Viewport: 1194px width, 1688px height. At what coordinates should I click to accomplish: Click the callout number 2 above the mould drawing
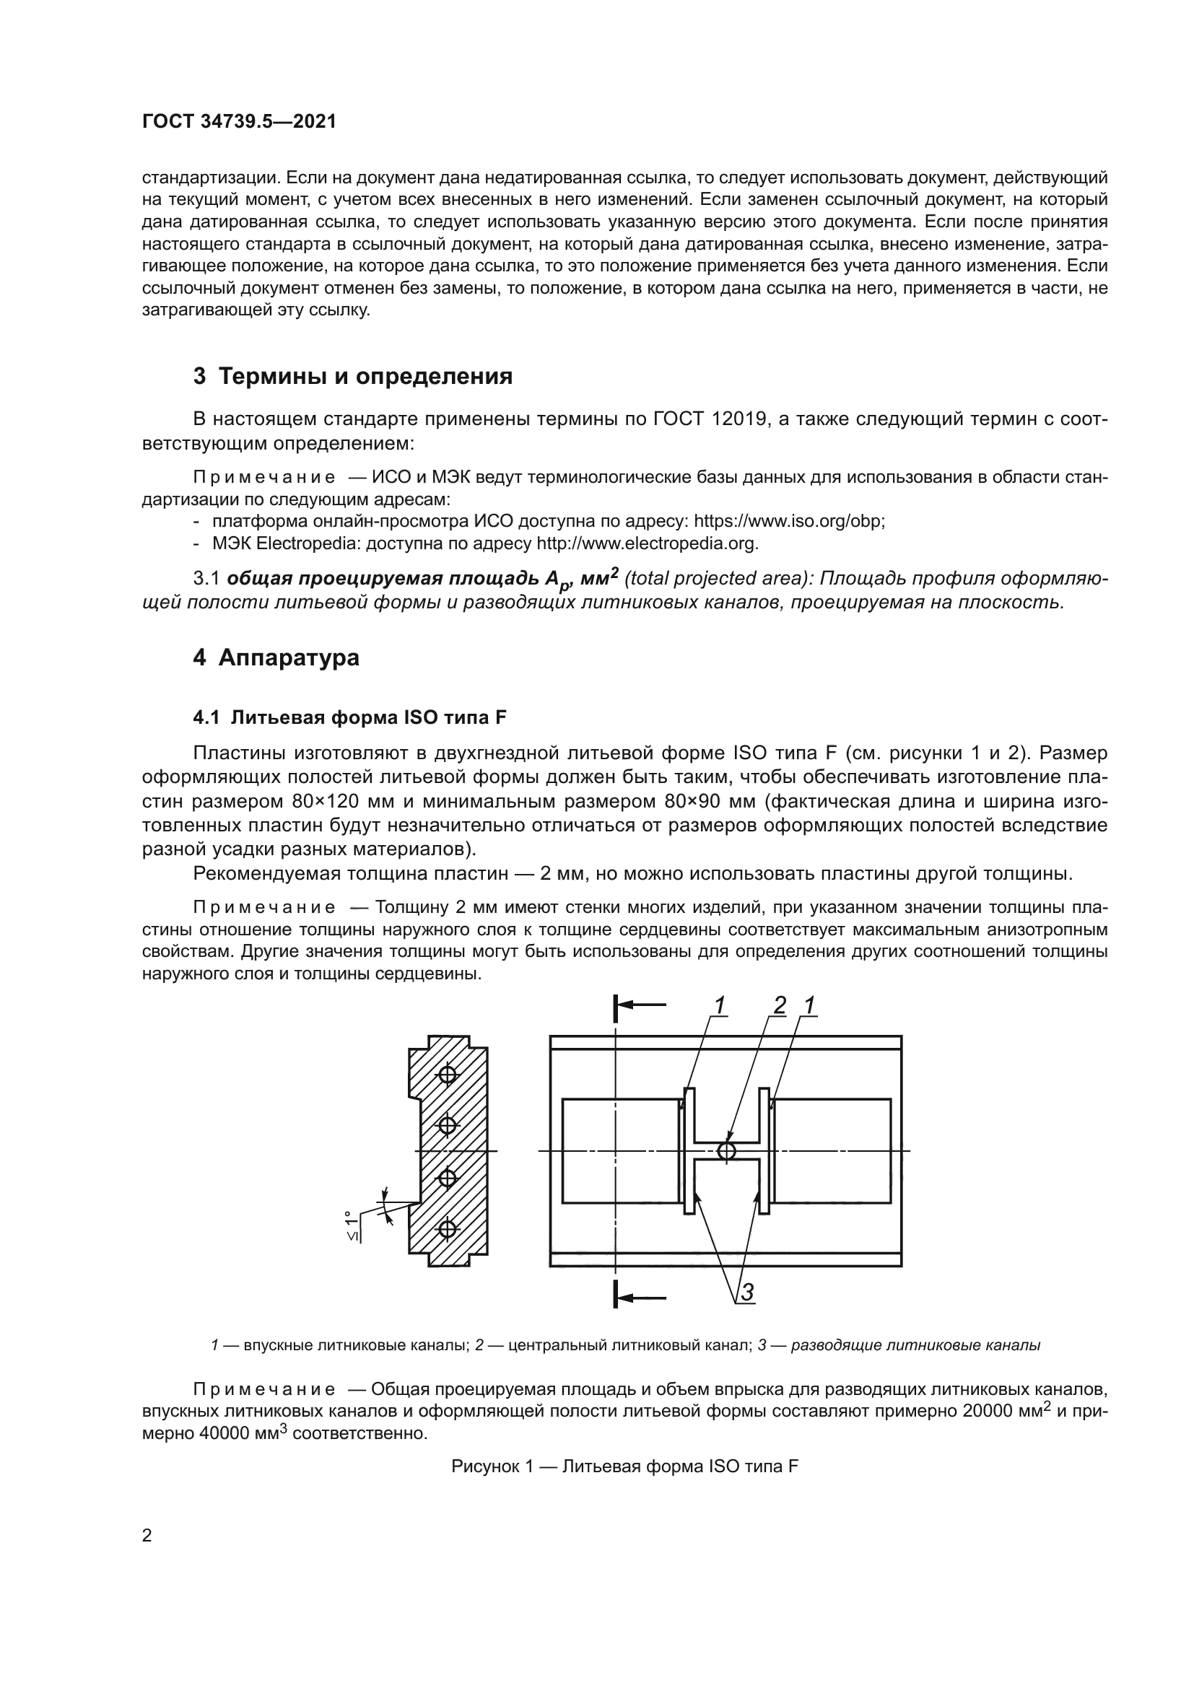(780, 1005)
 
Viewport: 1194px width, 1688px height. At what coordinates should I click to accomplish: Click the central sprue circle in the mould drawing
(725, 1150)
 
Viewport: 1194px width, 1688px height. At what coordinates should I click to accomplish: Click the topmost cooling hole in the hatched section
(448, 1075)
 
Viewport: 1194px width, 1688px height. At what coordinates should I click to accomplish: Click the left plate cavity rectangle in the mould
(621, 1150)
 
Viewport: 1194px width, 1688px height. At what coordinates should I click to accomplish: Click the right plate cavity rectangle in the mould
(832, 1150)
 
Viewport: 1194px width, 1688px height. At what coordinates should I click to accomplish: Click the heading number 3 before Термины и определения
(199, 377)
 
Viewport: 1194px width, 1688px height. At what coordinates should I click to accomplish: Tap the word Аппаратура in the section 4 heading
(289, 657)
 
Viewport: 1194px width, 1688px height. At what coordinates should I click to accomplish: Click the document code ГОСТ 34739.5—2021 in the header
(239, 122)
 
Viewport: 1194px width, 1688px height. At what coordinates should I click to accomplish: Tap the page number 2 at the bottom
(147, 1536)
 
